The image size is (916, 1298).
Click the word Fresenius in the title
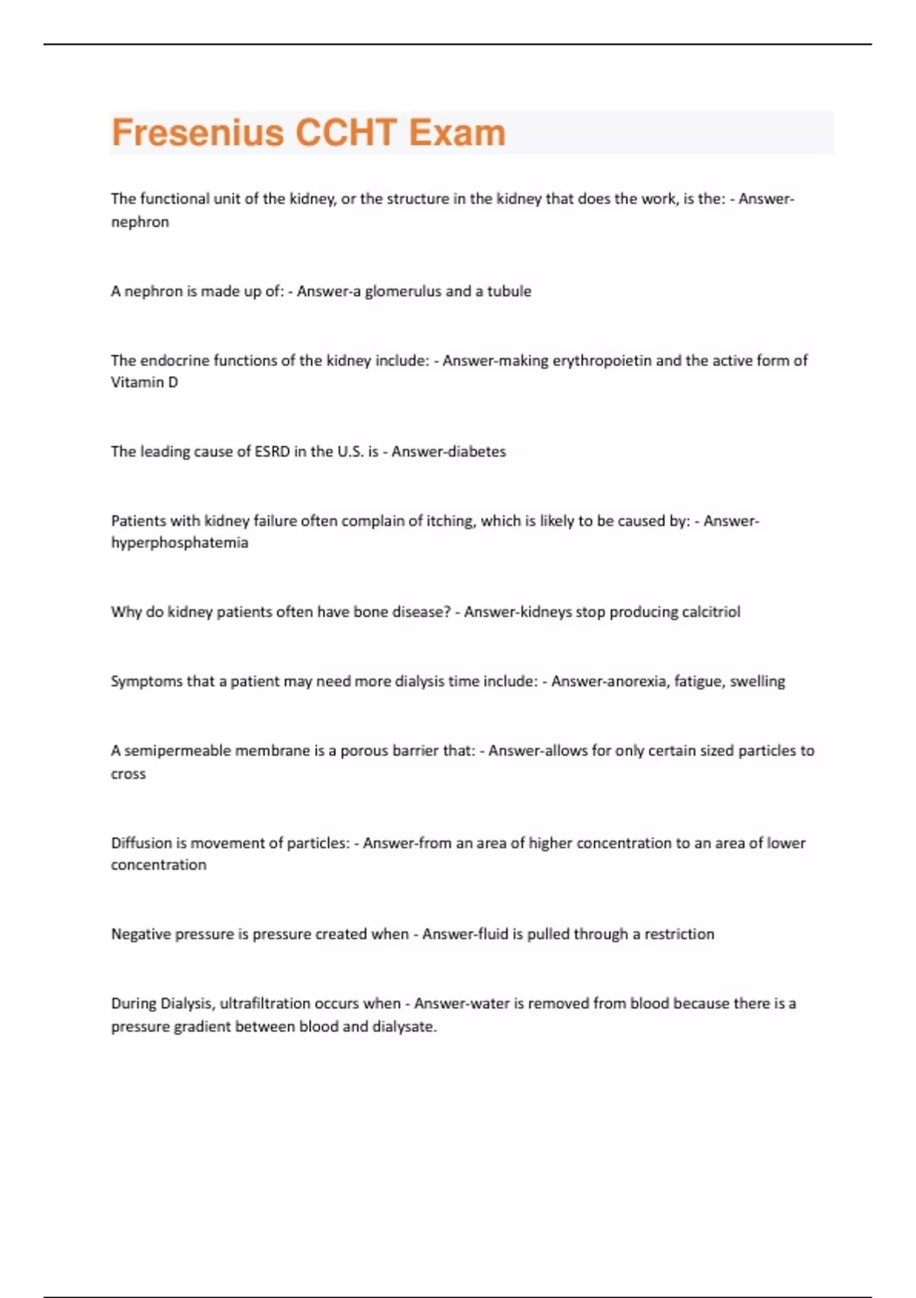point(198,132)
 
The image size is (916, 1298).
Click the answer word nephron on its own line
point(140,222)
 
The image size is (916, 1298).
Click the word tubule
point(509,291)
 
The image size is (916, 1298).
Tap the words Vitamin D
point(144,383)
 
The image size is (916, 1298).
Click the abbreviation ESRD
point(273,451)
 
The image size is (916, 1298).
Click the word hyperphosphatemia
point(179,543)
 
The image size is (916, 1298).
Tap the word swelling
point(757,681)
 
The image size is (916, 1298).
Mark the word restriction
point(679,934)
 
